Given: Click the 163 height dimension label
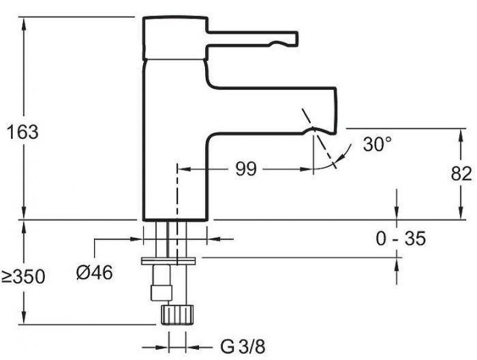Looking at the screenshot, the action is click(x=22, y=132).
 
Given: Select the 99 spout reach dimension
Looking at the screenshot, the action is click(x=246, y=169).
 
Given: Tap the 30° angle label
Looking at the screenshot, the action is click(x=378, y=144).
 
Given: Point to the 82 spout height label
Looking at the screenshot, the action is click(x=461, y=174).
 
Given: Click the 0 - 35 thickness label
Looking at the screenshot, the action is click(x=401, y=238).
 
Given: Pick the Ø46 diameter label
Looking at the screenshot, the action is click(x=94, y=272).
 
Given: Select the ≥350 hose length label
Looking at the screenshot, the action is click(x=23, y=277).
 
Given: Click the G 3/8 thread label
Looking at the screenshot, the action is click(x=243, y=346).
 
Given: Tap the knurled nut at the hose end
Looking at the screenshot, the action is click(x=177, y=314).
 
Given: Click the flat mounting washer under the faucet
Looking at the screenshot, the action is click(x=168, y=261).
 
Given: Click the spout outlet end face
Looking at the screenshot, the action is click(x=336, y=110).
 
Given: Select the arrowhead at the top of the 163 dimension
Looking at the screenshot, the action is click(x=24, y=23).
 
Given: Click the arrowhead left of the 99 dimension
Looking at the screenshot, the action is click(x=184, y=169).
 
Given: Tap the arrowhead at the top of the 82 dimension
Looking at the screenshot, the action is click(x=461, y=135).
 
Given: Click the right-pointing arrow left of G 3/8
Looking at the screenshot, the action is click(x=162, y=347).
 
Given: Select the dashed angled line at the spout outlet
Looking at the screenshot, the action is click(x=319, y=138).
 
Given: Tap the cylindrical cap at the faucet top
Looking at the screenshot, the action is click(x=176, y=38).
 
